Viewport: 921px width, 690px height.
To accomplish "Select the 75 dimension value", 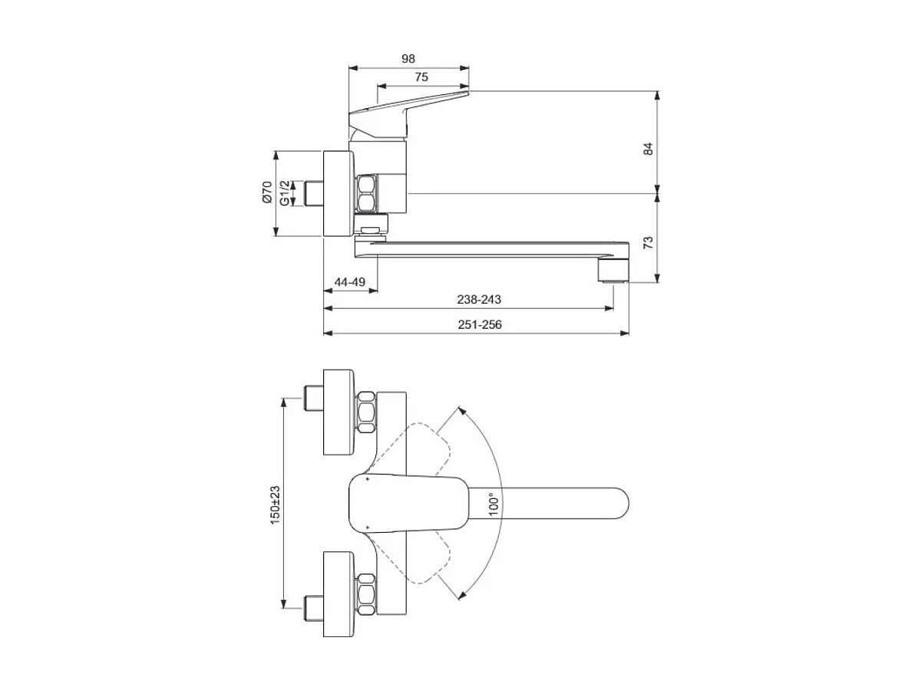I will tap(421, 77).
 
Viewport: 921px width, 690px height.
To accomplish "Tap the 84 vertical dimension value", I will tap(649, 148).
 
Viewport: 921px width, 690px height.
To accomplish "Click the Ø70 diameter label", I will tap(267, 192).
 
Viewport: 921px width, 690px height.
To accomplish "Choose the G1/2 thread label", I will tap(285, 192).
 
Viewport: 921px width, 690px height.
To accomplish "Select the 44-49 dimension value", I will tap(349, 282).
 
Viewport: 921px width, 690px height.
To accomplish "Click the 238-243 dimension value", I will tap(477, 300).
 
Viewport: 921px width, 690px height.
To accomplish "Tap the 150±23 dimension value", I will tap(275, 503).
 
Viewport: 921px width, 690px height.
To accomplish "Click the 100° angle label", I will tap(494, 503).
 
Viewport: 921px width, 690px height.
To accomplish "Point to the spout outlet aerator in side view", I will tap(613, 271).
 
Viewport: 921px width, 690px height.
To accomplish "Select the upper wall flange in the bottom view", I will tap(339, 412).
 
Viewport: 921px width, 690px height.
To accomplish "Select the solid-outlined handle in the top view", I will tap(407, 504).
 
